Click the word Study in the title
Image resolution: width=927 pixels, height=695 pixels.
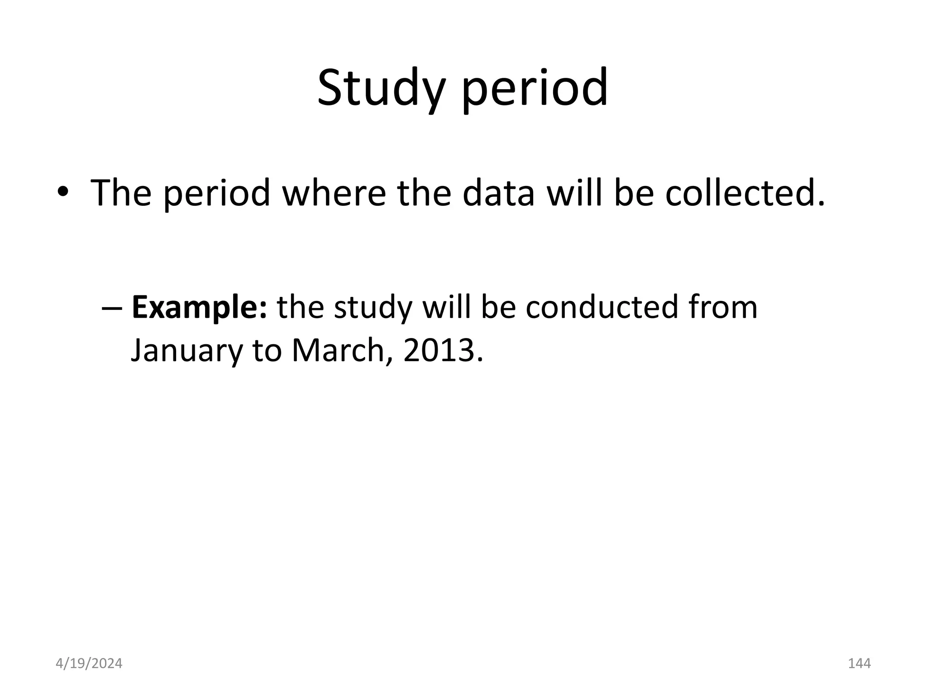click(379, 88)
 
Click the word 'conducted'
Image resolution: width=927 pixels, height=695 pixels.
click(602, 307)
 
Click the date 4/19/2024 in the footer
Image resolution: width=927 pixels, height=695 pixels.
click(89, 663)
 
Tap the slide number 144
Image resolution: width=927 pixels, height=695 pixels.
click(859, 663)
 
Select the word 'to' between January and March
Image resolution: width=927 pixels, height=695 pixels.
click(268, 351)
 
